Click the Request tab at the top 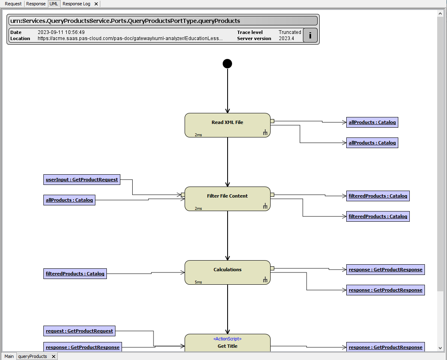click(13, 4)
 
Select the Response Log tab click(76, 4)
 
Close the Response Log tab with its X click(96, 4)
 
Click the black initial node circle click(227, 63)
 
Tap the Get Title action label click(227, 346)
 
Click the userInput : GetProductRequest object click(82, 180)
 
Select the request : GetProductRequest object click(79, 331)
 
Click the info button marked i click(310, 35)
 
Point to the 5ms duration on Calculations click(198, 282)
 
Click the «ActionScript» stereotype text click(227, 339)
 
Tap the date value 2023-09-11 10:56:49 click(61, 32)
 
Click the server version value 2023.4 click(286, 38)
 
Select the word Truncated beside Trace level click(289, 32)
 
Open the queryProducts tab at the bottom click(32, 356)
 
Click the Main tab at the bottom click(9, 356)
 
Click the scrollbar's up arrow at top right click(440, 13)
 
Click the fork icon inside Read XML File click(265, 132)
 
